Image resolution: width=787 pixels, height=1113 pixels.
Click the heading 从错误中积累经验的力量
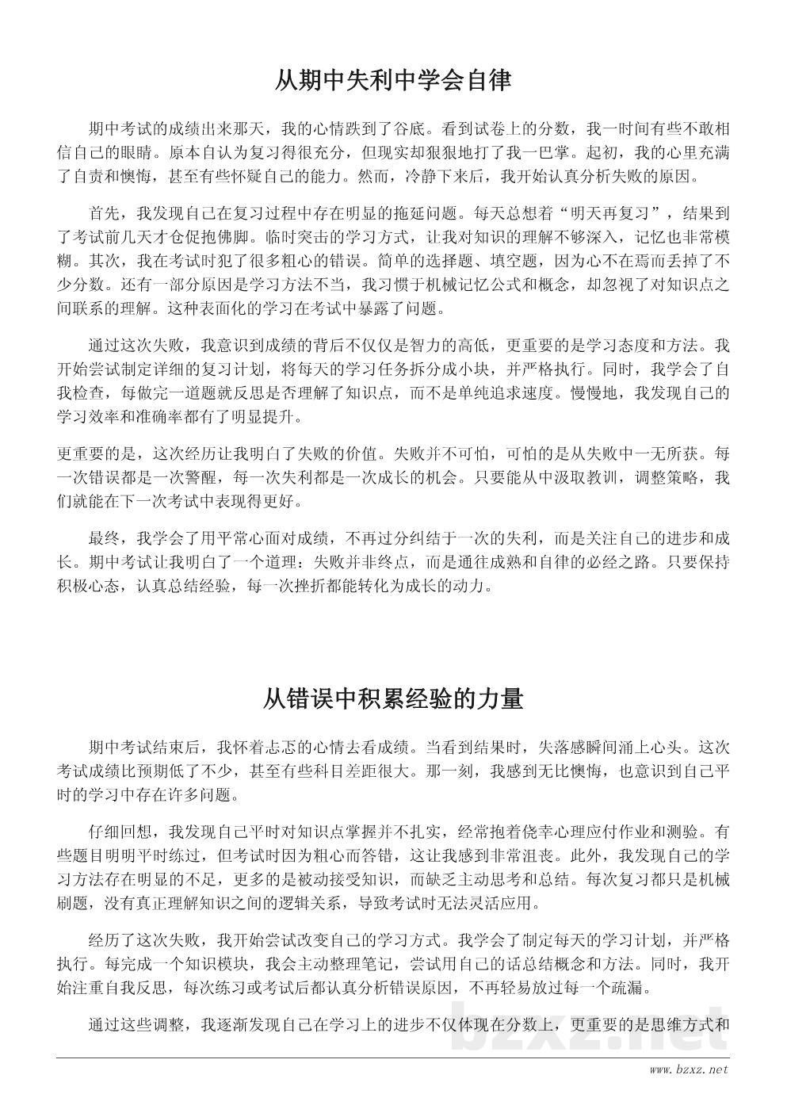(x=393, y=699)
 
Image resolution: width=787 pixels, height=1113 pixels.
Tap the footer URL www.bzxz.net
(x=688, y=1070)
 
